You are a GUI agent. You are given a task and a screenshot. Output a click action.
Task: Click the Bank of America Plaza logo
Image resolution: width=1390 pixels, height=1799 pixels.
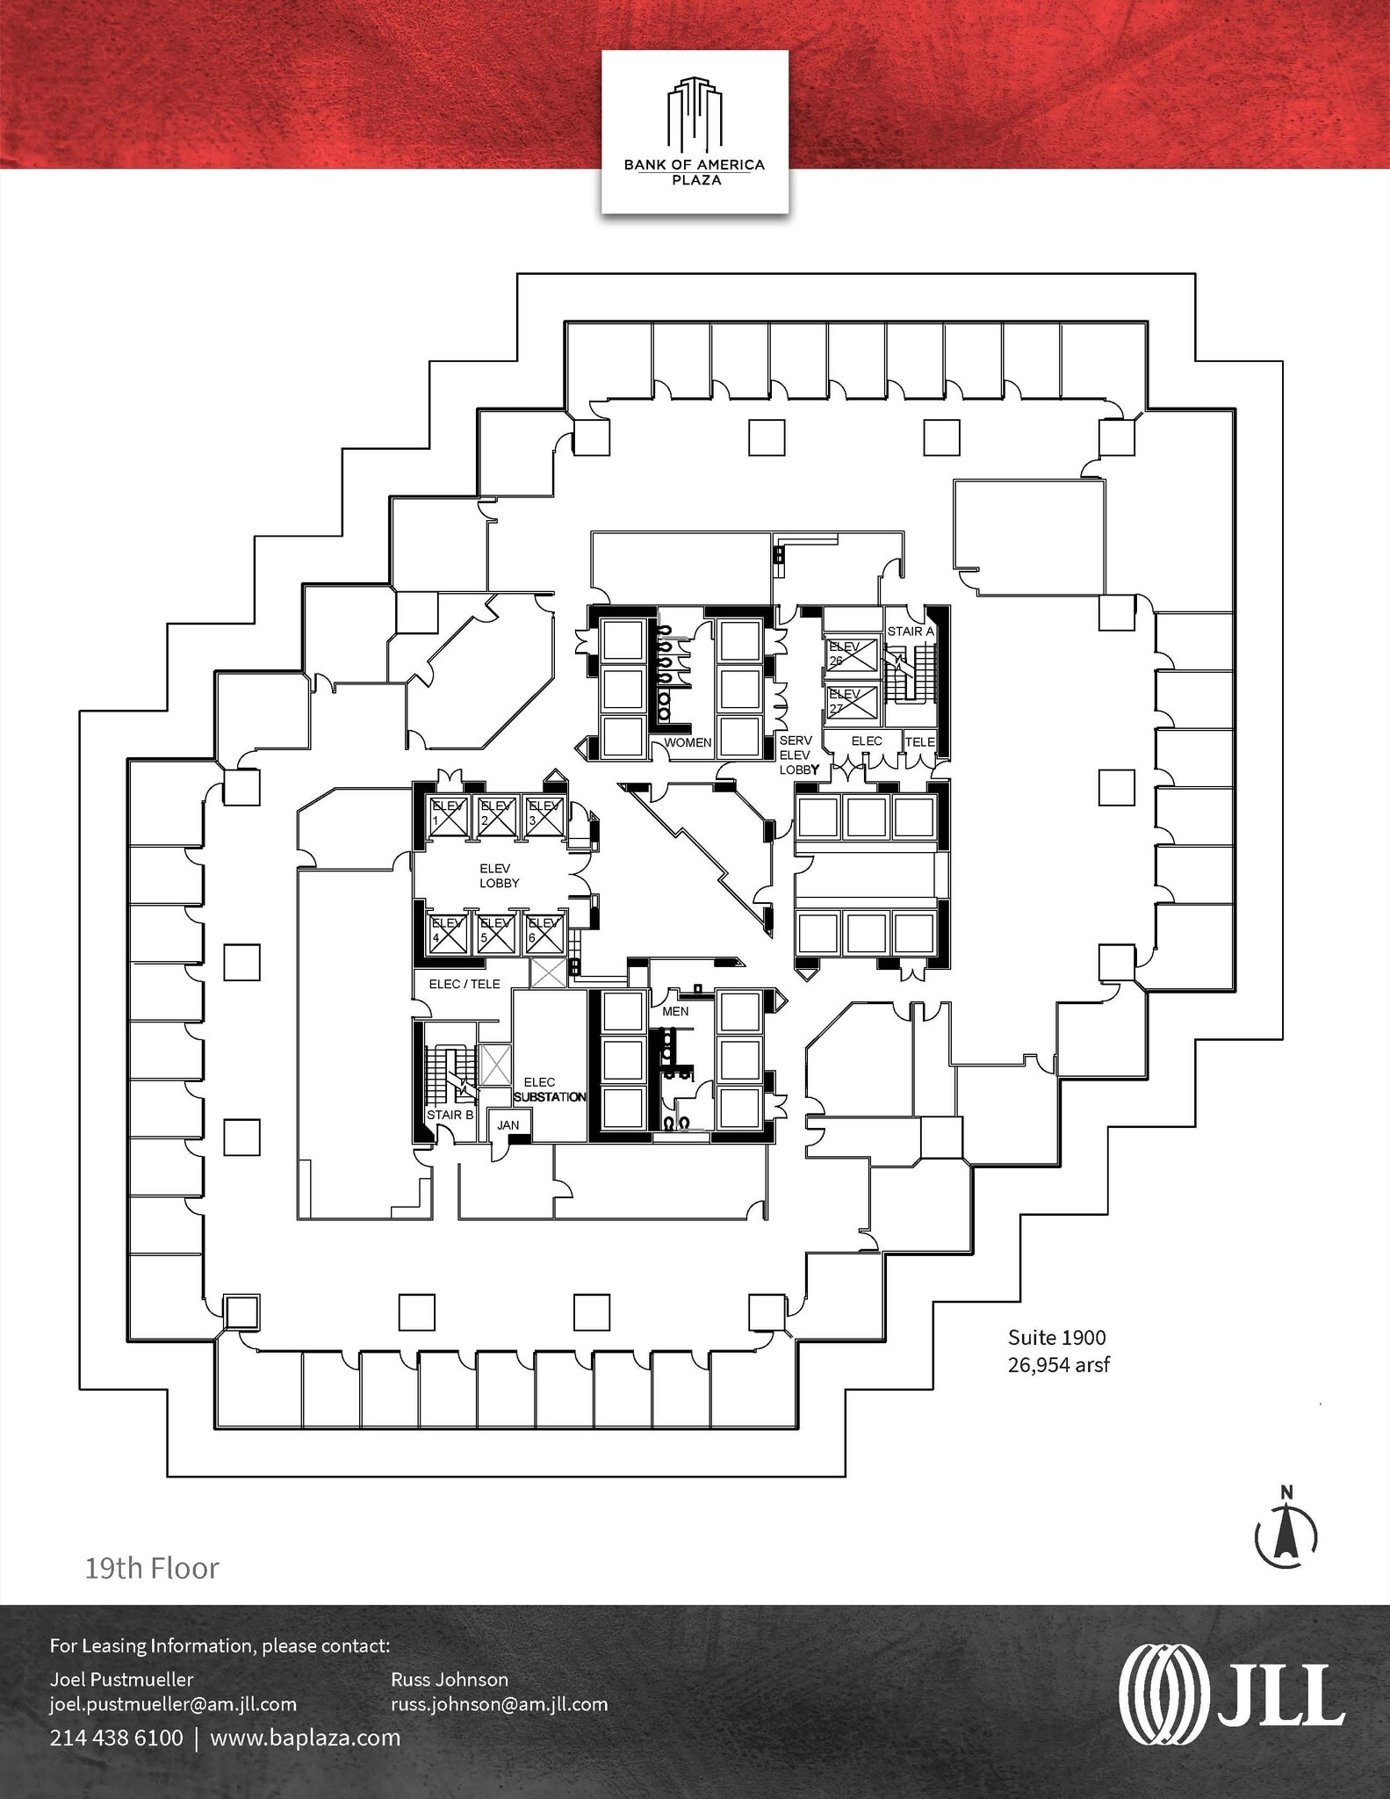(x=694, y=132)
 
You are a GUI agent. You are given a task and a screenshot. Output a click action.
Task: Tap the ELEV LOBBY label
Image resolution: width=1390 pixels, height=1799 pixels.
(x=499, y=876)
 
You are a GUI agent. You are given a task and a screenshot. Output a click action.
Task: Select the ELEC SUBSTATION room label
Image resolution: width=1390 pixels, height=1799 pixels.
(x=549, y=1090)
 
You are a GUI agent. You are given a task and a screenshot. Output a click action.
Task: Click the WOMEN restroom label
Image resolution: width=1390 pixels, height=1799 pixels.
(x=687, y=742)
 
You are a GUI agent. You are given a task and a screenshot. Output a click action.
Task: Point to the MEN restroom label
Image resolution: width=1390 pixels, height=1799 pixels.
(x=675, y=1011)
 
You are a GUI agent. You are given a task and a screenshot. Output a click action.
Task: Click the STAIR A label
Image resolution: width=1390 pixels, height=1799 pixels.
(x=910, y=631)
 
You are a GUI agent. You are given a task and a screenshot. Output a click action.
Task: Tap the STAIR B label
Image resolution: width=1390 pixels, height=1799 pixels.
(x=450, y=1115)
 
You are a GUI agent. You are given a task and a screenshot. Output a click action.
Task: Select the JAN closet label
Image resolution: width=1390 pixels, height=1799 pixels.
(x=508, y=1124)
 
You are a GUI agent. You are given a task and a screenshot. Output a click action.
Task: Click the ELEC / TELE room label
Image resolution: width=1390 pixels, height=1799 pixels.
(x=465, y=984)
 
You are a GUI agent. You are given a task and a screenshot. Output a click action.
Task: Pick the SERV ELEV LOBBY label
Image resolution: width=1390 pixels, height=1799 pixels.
(x=797, y=755)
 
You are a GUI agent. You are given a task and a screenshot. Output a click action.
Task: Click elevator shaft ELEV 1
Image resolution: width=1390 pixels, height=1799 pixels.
(x=448, y=815)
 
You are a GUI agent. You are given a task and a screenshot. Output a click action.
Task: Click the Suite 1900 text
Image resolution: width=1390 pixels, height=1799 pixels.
(x=1056, y=1338)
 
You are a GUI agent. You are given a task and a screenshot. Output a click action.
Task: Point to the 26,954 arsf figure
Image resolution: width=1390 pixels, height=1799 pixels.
(x=1058, y=1365)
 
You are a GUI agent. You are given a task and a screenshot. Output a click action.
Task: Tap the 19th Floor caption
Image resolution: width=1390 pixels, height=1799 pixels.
(x=152, y=1568)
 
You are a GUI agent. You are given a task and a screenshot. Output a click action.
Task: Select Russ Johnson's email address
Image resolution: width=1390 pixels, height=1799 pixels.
(x=499, y=1704)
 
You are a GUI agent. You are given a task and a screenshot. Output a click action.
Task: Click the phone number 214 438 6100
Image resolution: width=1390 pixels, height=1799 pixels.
(x=116, y=1738)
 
